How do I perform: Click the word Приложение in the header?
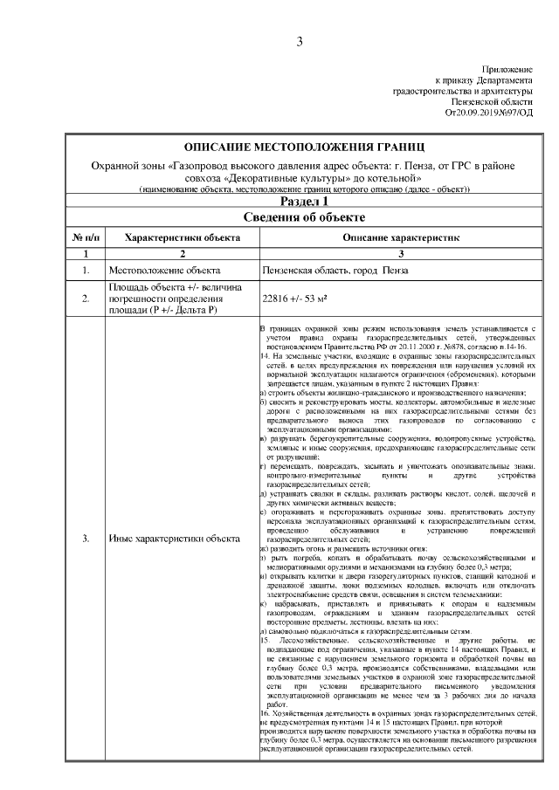click(x=507, y=69)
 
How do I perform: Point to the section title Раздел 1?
click(x=303, y=203)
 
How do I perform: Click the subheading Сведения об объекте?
click(x=303, y=218)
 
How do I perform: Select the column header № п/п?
click(x=86, y=237)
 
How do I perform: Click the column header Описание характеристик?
click(x=401, y=237)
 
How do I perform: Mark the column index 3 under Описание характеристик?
click(x=401, y=253)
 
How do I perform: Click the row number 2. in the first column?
click(x=86, y=299)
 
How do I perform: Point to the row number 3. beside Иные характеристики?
click(x=86, y=539)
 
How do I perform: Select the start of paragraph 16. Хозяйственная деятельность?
click(x=288, y=714)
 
